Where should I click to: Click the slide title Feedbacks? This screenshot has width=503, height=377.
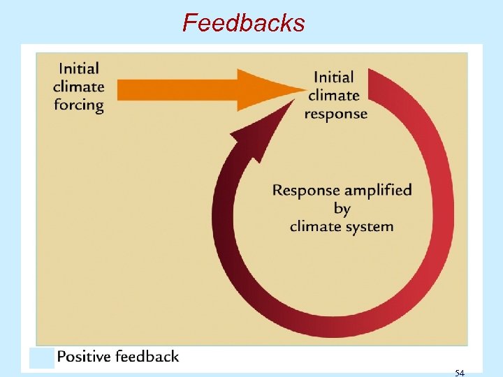pyautogui.click(x=244, y=23)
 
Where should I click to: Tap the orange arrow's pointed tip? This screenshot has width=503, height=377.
pyautogui.click(x=302, y=89)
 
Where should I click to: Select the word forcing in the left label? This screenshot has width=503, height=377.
pyautogui.click(x=78, y=105)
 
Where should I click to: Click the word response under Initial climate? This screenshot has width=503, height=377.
pyautogui.click(x=335, y=113)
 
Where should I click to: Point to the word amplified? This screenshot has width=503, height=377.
pyautogui.click(x=377, y=190)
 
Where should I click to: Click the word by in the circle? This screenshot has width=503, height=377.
pyautogui.click(x=342, y=208)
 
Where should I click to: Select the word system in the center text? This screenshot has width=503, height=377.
pyautogui.click(x=370, y=226)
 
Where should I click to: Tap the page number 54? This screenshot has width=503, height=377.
pyautogui.click(x=459, y=373)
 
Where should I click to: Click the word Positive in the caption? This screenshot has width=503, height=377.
pyautogui.click(x=84, y=357)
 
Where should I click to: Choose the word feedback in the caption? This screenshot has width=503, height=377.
pyautogui.click(x=147, y=357)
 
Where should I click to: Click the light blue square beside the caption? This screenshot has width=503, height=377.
pyautogui.click(x=42, y=357)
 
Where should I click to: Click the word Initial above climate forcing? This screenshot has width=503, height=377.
pyautogui.click(x=79, y=68)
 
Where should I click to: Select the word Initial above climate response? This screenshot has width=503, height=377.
pyautogui.click(x=334, y=77)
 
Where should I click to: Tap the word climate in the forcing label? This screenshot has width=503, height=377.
pyautogui.click(x=78, y=87)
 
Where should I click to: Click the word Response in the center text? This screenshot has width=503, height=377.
pyautogui.click(x=306, y=190)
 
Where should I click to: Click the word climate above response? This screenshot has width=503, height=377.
pyautogui.click(x=334, y=95)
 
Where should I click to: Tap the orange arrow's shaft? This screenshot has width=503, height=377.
pyautogui.click(x=175, y=89)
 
